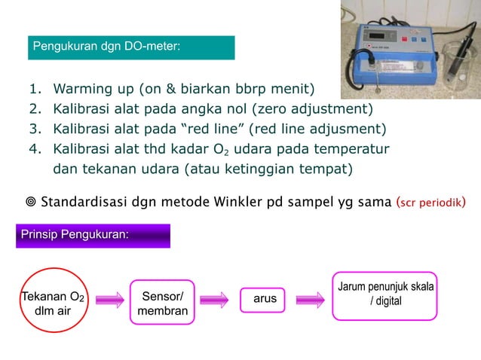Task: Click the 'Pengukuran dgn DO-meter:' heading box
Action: click(133, 47)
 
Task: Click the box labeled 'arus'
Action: click(265, 299)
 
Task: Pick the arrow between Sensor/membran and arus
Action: click(214, 299)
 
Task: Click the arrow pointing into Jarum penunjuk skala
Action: click(310, 299)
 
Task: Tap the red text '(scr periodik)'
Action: click(430, 201)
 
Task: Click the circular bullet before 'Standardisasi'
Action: click(29, 202)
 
